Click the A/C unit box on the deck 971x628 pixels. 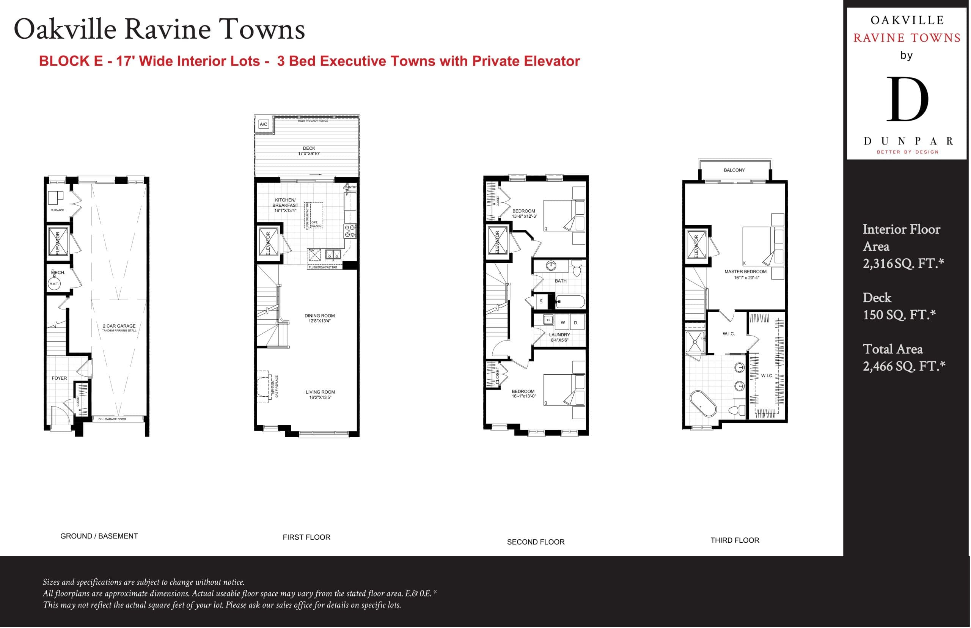pos(264,124)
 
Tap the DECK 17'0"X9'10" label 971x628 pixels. pos(309,151)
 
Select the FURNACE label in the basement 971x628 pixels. pos(57,210)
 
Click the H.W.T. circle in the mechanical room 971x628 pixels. pos(54,283)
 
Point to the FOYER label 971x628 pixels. pos(59,378)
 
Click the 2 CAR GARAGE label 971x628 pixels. pos(119,326)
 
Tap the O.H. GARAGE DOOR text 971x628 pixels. pos(112,419)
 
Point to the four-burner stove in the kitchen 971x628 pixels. pos(350,231)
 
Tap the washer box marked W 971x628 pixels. pos(562,323)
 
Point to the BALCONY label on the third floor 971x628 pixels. pos(734,170)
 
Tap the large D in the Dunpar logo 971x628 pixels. pos(907,99)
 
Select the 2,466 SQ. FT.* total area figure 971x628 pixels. pos(903,366)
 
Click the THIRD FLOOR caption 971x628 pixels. pos(734,540)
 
